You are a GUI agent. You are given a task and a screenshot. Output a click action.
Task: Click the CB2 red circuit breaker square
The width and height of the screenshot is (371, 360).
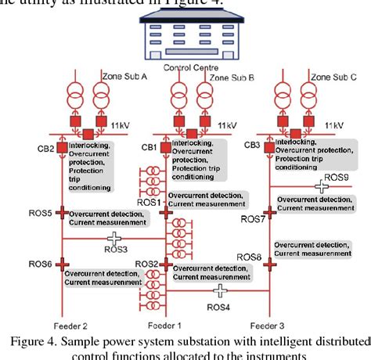(x=60, y=149)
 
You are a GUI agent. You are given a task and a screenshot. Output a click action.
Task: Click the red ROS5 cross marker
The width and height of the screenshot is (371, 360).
(x=61, y=212)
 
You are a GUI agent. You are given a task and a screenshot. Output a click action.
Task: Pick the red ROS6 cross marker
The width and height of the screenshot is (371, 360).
(x=61, y=265)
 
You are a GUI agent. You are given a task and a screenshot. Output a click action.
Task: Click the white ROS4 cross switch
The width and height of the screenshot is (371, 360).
(x=222, y=291)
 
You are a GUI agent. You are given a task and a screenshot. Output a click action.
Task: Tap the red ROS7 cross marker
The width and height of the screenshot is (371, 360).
(x=270, y=212)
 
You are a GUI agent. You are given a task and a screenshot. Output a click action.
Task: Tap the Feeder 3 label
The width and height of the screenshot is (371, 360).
(x=268, y=325)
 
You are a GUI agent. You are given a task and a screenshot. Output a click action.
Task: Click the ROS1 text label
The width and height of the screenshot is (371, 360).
(x=148, y=202)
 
